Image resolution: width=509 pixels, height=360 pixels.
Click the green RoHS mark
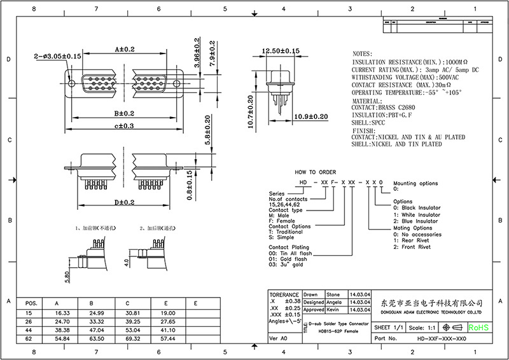[478, 327]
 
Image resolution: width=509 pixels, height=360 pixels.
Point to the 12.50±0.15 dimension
[281, 50]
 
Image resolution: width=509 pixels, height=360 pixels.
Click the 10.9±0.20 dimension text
[312, 117]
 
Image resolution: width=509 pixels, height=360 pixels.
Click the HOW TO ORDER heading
[314, 172]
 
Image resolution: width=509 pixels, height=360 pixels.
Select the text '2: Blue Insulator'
[416, 221]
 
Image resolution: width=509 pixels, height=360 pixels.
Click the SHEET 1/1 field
[389, 327]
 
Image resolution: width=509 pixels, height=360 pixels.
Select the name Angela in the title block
[334, 302]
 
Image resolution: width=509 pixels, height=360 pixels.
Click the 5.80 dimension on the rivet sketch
[67, 278]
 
